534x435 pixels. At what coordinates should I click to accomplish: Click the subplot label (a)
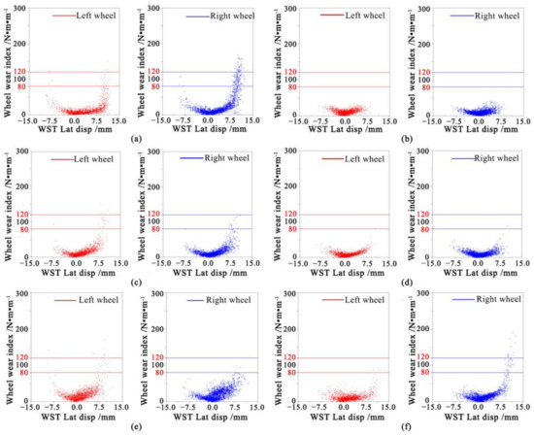133,138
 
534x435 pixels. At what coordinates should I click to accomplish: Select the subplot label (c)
133,283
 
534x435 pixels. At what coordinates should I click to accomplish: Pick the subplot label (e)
133,425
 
